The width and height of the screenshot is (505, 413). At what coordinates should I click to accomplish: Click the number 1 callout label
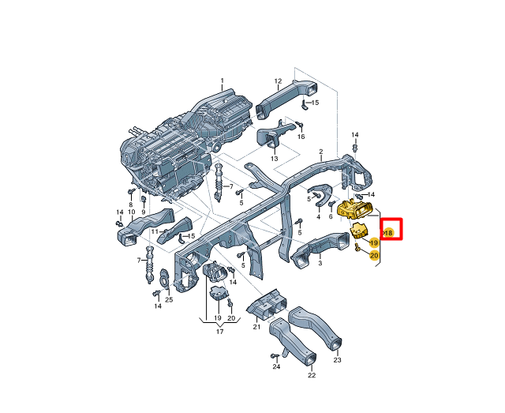coord(222,81)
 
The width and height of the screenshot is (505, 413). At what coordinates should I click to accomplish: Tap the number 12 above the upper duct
coord(278,81)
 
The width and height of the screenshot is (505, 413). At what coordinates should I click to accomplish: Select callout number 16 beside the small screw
coord(301,137)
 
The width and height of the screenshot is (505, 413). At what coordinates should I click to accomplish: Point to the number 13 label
coord(274,159)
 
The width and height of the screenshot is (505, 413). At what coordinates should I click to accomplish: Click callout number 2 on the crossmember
coord(321,152)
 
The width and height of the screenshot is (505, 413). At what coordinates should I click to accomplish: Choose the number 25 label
coord(169,300)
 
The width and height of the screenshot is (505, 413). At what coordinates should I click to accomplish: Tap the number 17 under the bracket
coord(219,332)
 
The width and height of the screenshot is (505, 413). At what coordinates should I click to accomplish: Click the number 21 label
coord(256,327)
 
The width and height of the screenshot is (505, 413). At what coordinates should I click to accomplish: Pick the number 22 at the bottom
coord(312,375)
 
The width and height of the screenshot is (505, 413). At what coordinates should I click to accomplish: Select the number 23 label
coord(337,360)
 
